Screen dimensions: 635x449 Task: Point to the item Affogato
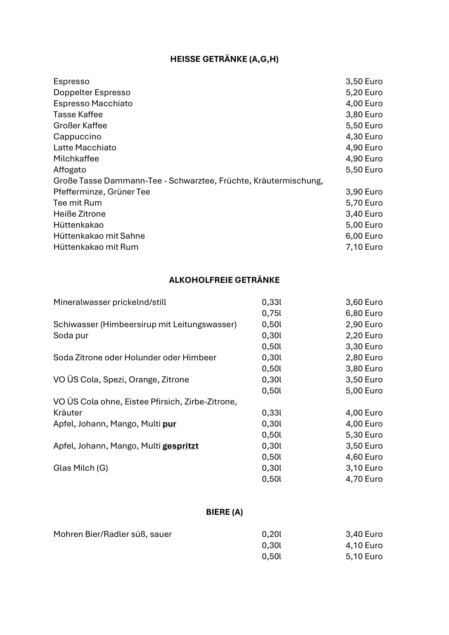pyautogui.click(x=70, y=170)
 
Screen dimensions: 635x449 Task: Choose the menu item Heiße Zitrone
pyautogui.click(x=79, y=214)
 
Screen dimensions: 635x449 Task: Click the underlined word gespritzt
pyautogui.click(x=180, y=446)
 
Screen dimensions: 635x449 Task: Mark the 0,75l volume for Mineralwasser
pyautogui.click(x=271, y=313)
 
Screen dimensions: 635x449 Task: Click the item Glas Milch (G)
pyautogui.click(x=81, y=468)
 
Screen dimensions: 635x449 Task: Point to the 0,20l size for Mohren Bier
pyautogui.click(x=271, y=534)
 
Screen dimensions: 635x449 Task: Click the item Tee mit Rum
pyautogui.click(x=77, y=203)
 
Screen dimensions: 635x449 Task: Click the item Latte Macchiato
pyautogui.click(x=85, y=148)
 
